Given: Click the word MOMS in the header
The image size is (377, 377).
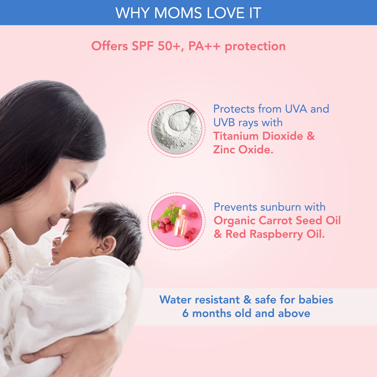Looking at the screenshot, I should tap(178, 13).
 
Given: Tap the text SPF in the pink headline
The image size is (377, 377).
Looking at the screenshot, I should tap(143, 46).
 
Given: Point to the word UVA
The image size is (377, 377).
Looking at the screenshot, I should tap(296, 109).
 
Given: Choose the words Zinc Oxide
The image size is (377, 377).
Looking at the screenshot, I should tap(243, 150).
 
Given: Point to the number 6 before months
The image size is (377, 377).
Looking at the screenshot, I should tap(185, 313).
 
